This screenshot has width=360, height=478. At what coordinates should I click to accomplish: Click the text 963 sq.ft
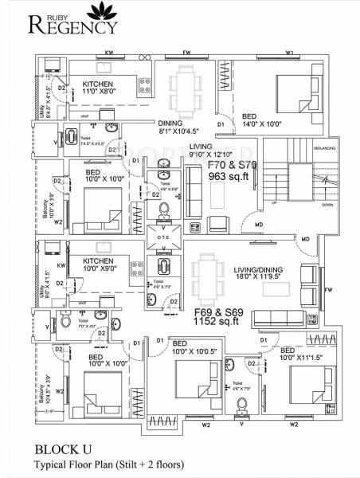(x=230, y=177)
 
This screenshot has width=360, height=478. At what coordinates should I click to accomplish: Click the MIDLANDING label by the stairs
(x=327, y=147)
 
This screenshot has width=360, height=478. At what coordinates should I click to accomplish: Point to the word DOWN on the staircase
(x=327, y=204)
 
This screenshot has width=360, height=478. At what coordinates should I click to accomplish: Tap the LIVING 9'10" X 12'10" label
(x=210, y=151)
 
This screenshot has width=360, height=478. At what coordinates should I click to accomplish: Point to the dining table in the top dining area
(x=188, y=83)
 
